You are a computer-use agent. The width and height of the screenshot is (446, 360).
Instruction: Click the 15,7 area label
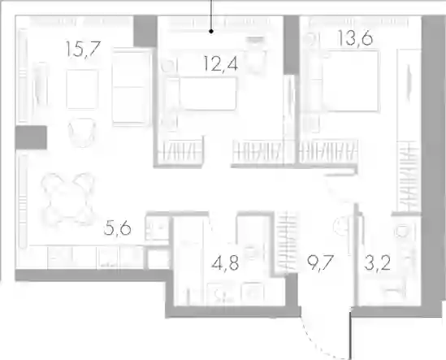83,49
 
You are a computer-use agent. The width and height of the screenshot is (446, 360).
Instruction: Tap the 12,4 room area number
221,63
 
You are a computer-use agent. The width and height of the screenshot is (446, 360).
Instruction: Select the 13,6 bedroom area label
355,37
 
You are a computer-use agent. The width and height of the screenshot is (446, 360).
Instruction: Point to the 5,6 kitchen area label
118,228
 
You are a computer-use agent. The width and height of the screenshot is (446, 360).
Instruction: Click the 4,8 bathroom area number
225,262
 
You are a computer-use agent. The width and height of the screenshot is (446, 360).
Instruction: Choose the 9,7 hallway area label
320,263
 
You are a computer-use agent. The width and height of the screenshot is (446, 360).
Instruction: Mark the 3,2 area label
378,263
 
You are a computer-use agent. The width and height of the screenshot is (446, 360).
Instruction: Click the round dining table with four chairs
67,197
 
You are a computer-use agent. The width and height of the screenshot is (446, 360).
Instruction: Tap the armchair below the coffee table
81,132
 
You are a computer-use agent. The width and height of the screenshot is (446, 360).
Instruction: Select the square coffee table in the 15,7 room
82,89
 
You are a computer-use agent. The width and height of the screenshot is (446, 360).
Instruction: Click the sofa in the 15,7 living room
131,87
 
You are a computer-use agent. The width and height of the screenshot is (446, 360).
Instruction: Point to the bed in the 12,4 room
201,93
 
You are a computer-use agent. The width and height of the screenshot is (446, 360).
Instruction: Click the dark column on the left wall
31,137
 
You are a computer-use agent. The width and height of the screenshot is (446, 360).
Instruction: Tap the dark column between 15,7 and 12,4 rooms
145,31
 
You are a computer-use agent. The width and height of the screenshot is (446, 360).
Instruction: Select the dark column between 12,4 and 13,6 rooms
290,45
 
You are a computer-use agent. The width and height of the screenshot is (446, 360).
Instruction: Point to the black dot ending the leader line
211,32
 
